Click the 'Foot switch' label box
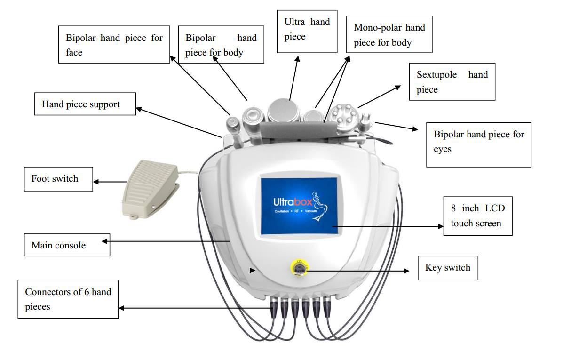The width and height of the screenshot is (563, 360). point(58,179)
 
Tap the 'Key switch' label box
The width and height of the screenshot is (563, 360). point(447,268)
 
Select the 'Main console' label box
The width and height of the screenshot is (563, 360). point(67,245)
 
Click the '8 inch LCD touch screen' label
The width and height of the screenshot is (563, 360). point(477,216)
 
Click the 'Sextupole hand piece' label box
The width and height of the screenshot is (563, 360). point(452,82)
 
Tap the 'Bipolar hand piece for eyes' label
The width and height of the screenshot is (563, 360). point(478,142)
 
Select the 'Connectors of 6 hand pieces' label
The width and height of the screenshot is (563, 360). point(68,299)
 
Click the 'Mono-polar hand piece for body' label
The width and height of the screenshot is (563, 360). point(389,35)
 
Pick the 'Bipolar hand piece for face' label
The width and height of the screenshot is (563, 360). point(114,45)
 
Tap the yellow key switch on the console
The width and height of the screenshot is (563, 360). point(298,268)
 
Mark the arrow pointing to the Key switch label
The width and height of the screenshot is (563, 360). point(357,271)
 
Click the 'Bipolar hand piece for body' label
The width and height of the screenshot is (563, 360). point(221,45)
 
